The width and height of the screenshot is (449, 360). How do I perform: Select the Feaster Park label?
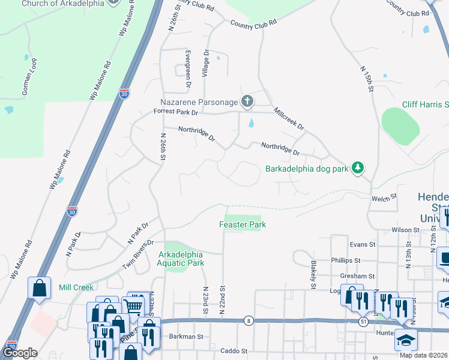click(242, 224)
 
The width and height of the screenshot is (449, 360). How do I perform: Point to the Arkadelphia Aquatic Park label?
click(181, 259)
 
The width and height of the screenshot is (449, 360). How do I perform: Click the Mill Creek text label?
click(76, 287)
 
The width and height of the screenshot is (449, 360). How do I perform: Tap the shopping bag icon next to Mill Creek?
click(39, 287)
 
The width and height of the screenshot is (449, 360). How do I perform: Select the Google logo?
click(20, 353)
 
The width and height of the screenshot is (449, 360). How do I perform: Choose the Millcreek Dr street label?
click(289, 119)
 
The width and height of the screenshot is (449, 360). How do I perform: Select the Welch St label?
click(385, 196)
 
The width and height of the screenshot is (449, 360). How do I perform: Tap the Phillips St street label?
click(345, 260)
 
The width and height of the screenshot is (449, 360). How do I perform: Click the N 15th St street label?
click(367, 79)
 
